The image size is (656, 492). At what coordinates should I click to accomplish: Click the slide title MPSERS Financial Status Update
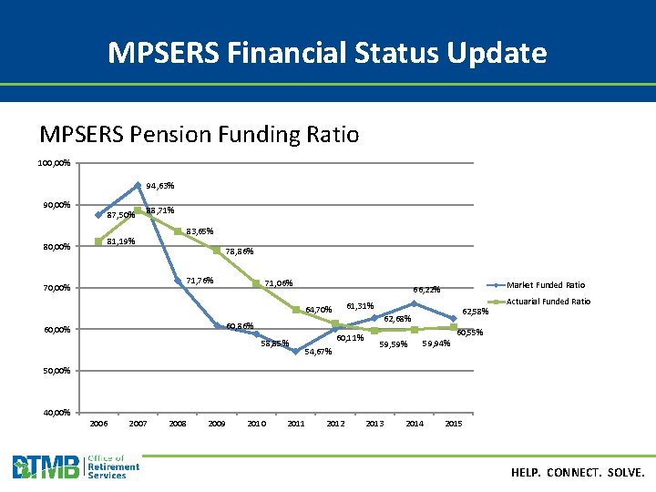coord(327,53)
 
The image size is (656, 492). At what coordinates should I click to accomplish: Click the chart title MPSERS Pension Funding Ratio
coord(200,135)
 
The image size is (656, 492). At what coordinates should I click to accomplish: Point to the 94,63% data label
coord(159,186)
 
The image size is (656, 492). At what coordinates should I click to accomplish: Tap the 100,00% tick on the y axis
coord(54,163)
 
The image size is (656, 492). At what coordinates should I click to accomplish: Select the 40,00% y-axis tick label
coord(56,413)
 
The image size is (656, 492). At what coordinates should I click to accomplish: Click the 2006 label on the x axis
coord(98,424)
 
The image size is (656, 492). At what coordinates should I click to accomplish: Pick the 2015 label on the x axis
coord(453,424)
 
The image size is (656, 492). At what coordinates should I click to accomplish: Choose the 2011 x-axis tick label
coord(296,424)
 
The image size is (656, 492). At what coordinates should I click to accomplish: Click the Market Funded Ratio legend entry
coord(546,285)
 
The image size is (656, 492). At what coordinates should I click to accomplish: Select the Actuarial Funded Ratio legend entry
coord(548,302)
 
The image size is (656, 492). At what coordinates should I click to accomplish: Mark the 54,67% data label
coord(319,352)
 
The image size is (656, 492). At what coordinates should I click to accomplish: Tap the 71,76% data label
coord(200,281)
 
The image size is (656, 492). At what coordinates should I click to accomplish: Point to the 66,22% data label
coord(426,290)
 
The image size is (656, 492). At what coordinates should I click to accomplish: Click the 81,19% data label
coord(121,242)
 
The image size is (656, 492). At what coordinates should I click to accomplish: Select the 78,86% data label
coord(239,252)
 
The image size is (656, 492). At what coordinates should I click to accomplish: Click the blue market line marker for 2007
coord(138,185)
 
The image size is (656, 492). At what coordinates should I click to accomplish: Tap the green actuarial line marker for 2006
coord(98,241)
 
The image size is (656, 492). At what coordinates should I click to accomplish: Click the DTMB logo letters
coord(46,467)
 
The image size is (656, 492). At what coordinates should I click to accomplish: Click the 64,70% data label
coord(318,310)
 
